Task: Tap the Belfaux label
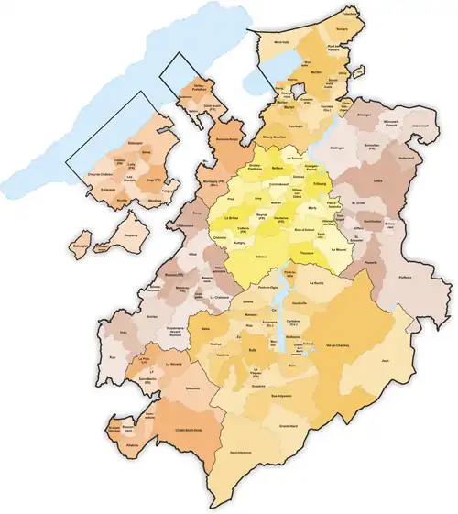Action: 278,168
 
